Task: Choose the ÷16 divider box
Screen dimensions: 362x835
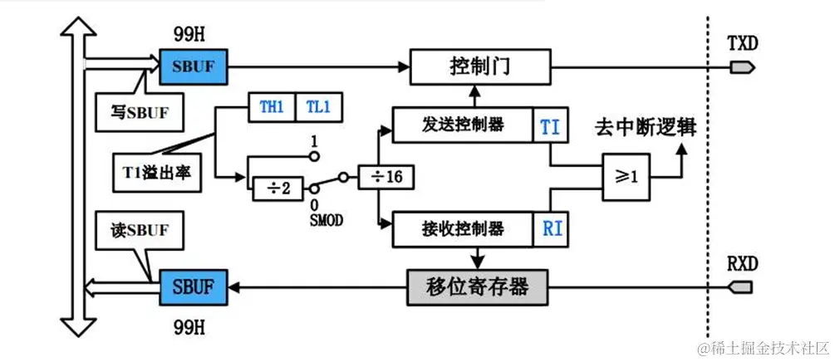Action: (x=387, y=177)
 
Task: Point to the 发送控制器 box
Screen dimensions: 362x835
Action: (x=460, y=126)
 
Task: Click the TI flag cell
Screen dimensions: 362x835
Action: (x=549, y=126)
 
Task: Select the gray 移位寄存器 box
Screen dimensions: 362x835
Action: (x=479, y=287)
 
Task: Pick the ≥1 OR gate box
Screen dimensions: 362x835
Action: (x=627, y=177)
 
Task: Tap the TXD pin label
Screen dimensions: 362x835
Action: (x=742, y=43)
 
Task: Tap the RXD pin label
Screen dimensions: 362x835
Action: (x=742, y=263)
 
